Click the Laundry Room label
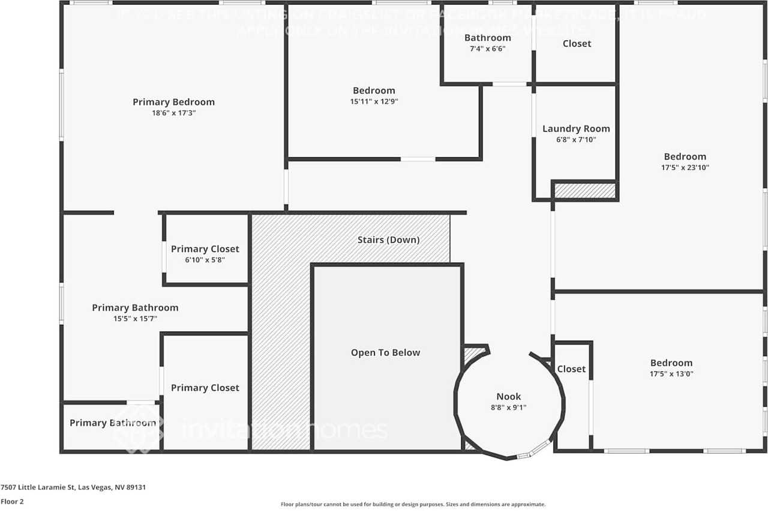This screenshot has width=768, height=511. (x=576, y=129)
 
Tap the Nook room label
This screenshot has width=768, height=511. (x=509, y=396)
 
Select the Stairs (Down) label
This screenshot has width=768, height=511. (x=389, y=240)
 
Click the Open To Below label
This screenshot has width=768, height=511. (x=386, y=352)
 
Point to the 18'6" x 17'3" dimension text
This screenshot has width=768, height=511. (x=173, y=113)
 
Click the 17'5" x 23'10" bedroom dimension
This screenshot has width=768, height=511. (x=685, y=168)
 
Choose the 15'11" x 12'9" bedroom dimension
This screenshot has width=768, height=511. (x=374, y=101)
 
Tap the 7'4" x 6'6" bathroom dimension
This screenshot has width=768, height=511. (x=487, y=49)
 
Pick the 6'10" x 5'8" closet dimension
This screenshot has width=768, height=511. (x=205, y=260)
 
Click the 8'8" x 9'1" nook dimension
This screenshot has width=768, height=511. (x=509, y=407)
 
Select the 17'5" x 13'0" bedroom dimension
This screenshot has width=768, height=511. (x=671, y=373)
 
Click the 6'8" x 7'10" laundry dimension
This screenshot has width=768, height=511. (x=576, y=139)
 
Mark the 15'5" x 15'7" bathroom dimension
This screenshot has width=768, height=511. (x=135, y=319)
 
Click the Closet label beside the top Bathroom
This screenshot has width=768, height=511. (x=577, y=43)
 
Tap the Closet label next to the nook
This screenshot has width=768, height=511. (x=571, y=369)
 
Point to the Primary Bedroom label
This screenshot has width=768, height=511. (x=173, y=102)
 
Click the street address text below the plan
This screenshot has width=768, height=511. (x=73, y=488)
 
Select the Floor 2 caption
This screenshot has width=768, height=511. (x=12, y=501)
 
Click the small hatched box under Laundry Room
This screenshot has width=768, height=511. (x=584, y=191)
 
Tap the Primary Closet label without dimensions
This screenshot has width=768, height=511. (x=205, y=388)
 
